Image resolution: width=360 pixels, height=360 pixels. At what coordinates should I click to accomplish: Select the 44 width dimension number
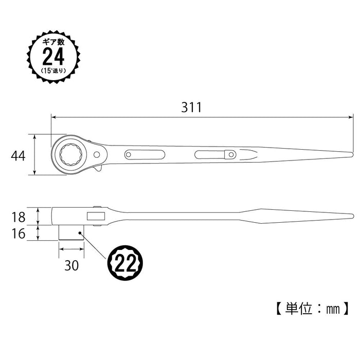(x=19, y=156)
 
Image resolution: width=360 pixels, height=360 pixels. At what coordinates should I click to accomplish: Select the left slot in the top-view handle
(x=143, y=154)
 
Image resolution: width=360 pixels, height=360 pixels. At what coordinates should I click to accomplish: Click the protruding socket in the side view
(x=70, y=232)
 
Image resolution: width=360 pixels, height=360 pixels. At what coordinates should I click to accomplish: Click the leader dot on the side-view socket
(x=80, y=234)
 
